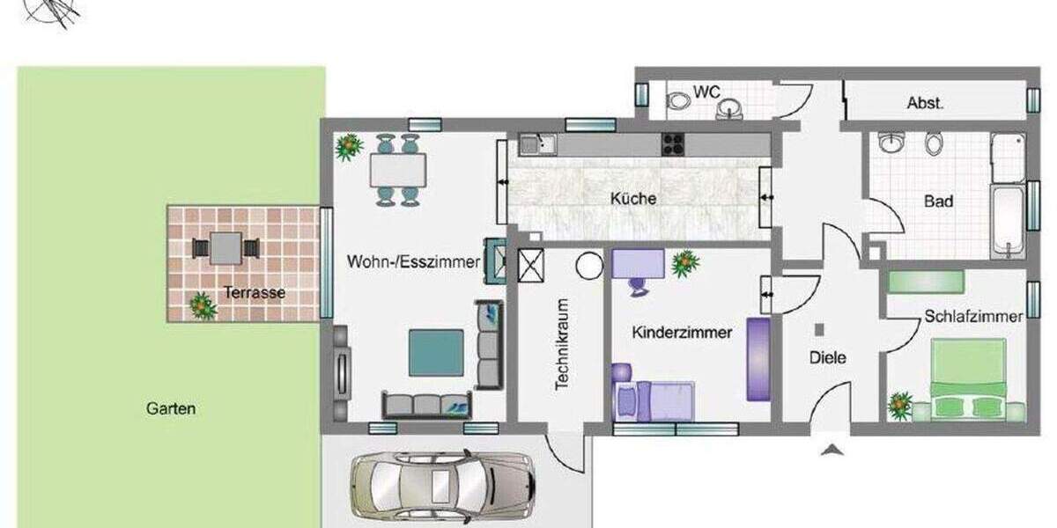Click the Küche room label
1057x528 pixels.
[x=632, y=199]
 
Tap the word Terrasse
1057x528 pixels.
[x=254, y=293]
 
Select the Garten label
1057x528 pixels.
[x=171, y=409]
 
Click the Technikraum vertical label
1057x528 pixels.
[x=561, y=345]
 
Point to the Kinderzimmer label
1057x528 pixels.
[x=682, y=334]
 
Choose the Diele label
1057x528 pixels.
[x=827, y=358]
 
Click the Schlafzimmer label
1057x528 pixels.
[x=973, y=317]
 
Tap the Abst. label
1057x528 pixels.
[x=925, y=103]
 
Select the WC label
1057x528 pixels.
[x=706, y=92]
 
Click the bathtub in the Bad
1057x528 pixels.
[x=1007, y=220]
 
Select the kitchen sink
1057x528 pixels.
[x=537, y=143]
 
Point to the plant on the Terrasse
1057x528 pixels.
[x=203, y=305]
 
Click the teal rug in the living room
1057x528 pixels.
[x=436, y=352]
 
